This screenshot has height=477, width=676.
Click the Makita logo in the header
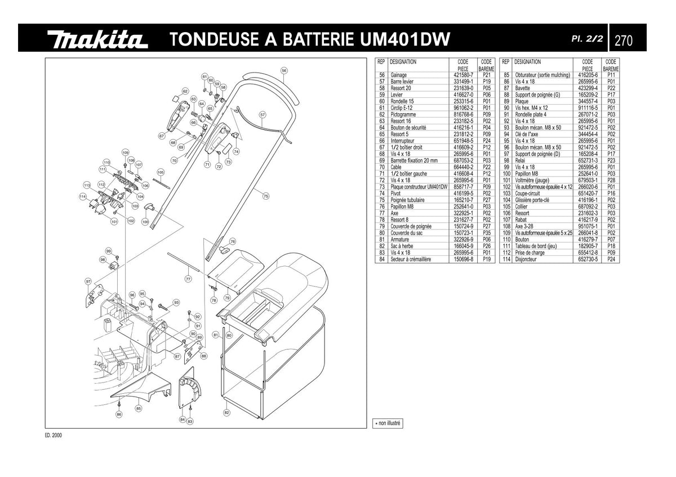point(97,39)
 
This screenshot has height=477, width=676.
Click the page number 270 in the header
point(624,40)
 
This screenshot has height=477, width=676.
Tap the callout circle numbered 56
point(284,71)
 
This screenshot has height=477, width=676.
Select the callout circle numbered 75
point(265,196)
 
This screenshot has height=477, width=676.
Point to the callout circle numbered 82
point(226,413)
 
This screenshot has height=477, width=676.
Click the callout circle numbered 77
point(188,279)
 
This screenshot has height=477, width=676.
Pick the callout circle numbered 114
point(83,197)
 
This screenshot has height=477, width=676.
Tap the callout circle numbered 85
point(139,408)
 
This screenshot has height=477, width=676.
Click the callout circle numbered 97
point(88,281)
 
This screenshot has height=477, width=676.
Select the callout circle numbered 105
point(161,172)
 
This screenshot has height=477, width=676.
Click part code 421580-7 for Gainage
point(463,75)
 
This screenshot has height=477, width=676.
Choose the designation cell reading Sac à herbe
point(402,246)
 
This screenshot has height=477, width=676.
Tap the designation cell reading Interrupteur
point(402,141)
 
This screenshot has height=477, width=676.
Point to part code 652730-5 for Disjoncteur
point(588,259)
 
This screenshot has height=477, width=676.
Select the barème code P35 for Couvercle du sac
point(487,233)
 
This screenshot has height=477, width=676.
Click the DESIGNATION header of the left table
point(403,62)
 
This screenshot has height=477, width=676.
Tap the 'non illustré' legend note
point(388,424)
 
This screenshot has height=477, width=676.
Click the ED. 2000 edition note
point(54,435)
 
